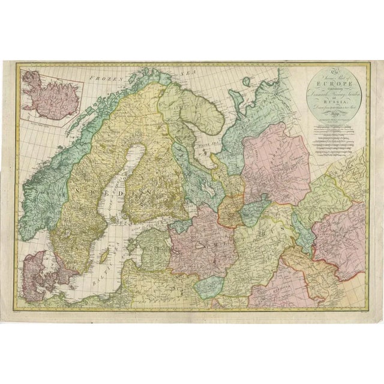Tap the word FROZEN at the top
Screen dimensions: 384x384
coord(101,77)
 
